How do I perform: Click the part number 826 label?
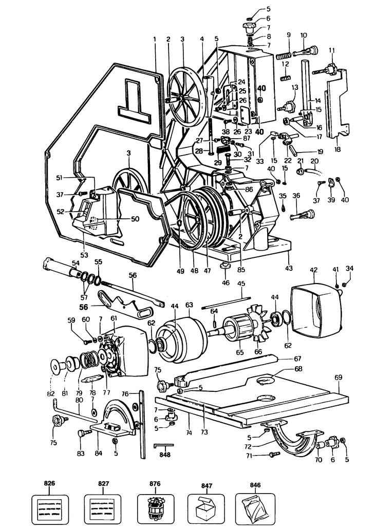pos(50,483)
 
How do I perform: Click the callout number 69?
pos(338,378)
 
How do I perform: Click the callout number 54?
pos(76,263)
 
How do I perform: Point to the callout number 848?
pos(164,455)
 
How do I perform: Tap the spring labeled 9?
pos(284,53)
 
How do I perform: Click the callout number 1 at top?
pos(154,39)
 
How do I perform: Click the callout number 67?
pos(297,358)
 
